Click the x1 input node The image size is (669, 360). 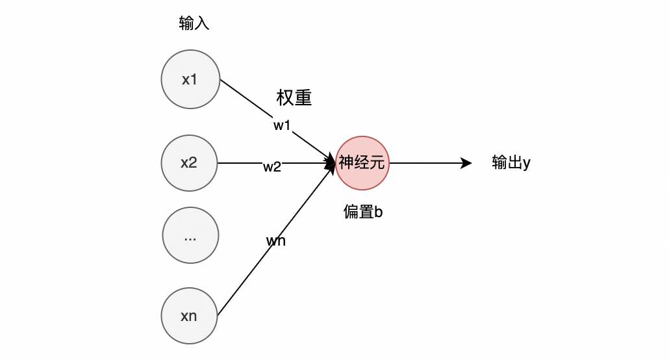tap(190, 80)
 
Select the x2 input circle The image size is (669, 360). tap(190, 162)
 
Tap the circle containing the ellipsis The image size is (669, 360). tap(190, 235)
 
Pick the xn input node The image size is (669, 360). tap(189, 316)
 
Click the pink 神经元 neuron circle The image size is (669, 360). tap(362, 162)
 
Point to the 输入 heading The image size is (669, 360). tap(194, 25)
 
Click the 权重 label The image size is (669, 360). tap(294, 98)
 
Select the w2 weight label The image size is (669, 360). tap(271, 167)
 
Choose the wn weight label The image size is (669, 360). tap(276, 241)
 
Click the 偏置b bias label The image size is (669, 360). tap(363, 212)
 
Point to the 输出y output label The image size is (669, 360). tap(511, 162)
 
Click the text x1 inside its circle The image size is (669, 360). tap(190, 81)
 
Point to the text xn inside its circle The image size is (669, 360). tap(189, 317)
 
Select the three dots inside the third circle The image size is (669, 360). tap(190, 238)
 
